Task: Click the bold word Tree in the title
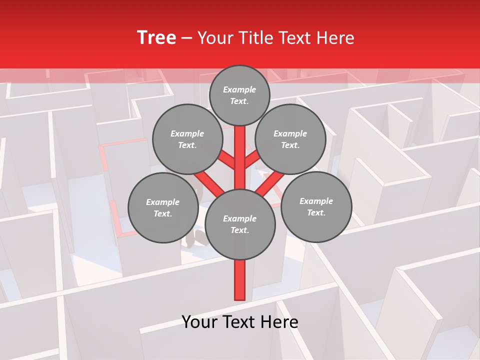coord(156,38)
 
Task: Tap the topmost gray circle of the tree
coord(239,95)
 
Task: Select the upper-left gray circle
coord(187,139)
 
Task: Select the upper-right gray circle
coord(290,139)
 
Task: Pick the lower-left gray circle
coord(163,207)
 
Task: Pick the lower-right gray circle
coord(316,206)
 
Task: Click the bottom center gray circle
coord(240,224)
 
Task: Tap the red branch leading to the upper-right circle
coord(251,161)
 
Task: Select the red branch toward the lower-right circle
coord(270,183)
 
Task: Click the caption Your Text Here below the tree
coord(240,322)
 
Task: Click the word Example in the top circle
coord(239,89)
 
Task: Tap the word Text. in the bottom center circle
coord(240,230)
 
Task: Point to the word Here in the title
coord(335,38)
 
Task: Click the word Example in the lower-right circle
coord(316,201)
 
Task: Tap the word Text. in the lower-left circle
coord(162,214)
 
